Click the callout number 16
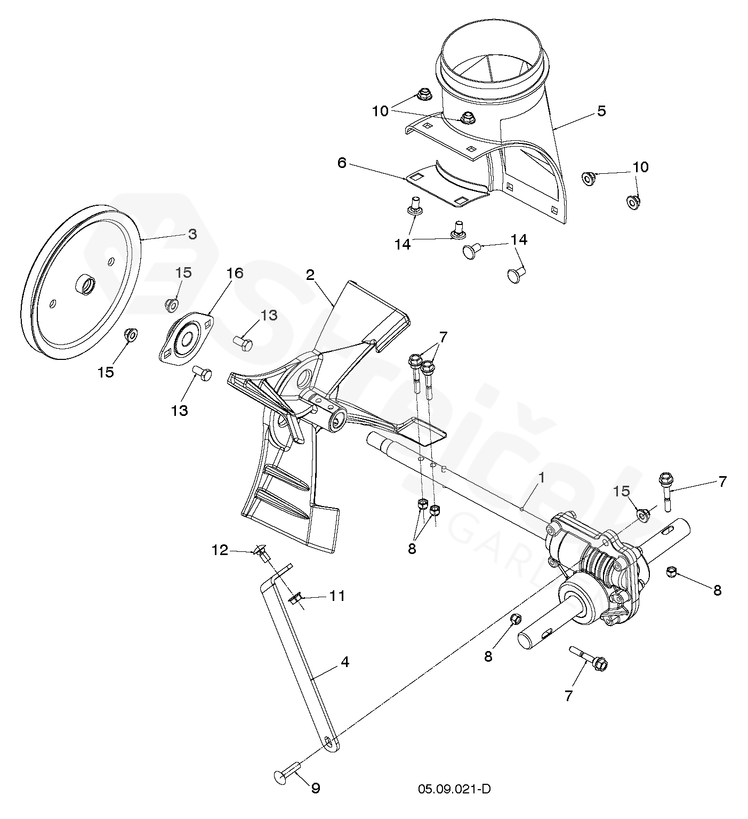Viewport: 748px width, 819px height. pyautogui.click(x=235, y=274)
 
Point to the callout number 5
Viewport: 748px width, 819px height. pyautogui.click(x=601, y=111)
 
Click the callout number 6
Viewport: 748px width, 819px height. pyautogui.click(x=342, y=162)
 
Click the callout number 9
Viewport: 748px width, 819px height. pyautogui.click(x=316, y=789)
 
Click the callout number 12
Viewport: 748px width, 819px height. pyautogui.click(x=221, y=549)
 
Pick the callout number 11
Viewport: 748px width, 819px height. pyautogui.click(x=337, y=595)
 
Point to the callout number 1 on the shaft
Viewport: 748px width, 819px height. pyautogui.click(x=541, y=478)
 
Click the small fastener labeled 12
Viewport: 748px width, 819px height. pyautogui.click(x=260, y=553)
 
